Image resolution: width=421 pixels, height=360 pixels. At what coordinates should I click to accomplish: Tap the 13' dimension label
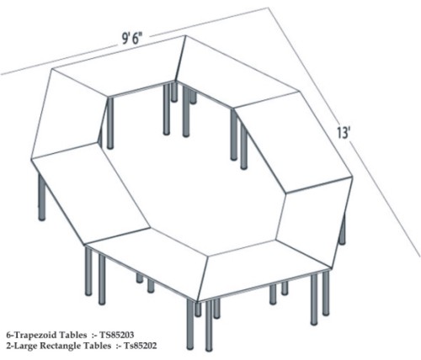pyautogui.click(x=343, y=133)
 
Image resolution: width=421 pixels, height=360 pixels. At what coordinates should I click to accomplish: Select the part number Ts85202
pyautogui.click(x=141, y=346)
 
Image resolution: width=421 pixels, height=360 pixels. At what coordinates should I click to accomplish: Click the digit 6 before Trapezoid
pyautogui.click(x=8, y=335)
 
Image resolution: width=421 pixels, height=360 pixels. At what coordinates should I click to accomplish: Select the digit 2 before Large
pyautogui.click(x=8, y=346)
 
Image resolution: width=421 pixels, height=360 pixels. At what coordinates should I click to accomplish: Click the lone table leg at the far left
pyautogui.click(x=41, y=196)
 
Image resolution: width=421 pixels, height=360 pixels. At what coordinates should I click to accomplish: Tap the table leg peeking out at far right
pyautogui.click(x=343, y=229)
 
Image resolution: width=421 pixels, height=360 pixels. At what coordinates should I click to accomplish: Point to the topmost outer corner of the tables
pyautogui.click(x=185, y=35)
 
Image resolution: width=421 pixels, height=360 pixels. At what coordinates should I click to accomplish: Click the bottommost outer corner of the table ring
pyautogui.click(x=198, y=302)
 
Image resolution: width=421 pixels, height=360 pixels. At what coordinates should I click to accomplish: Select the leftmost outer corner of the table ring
pyautogui.click(x=31, y=159)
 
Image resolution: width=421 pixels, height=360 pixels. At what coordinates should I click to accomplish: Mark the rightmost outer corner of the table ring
pyautogui.click(x=353, y=177)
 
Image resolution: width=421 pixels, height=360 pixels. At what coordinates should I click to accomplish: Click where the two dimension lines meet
pyautogui.click(x=269, y=8)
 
